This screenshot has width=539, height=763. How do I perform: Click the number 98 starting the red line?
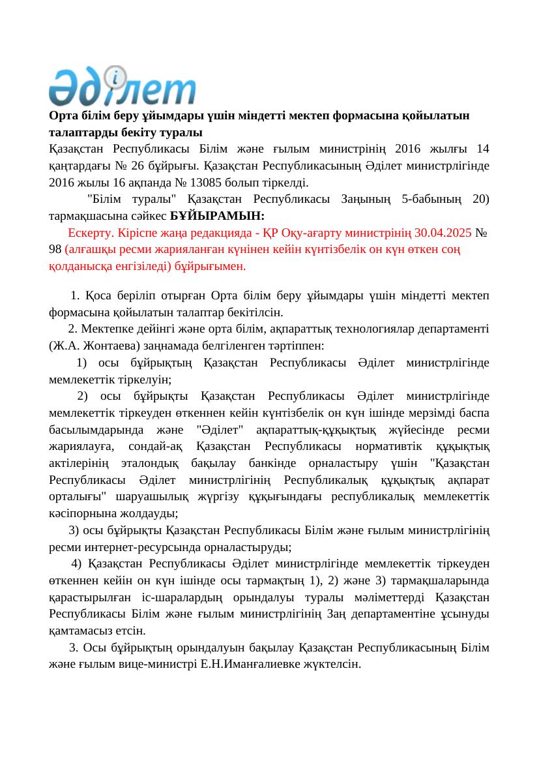(x=55, y=250)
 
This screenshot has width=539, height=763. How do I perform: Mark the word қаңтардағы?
(x=76, y=165)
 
